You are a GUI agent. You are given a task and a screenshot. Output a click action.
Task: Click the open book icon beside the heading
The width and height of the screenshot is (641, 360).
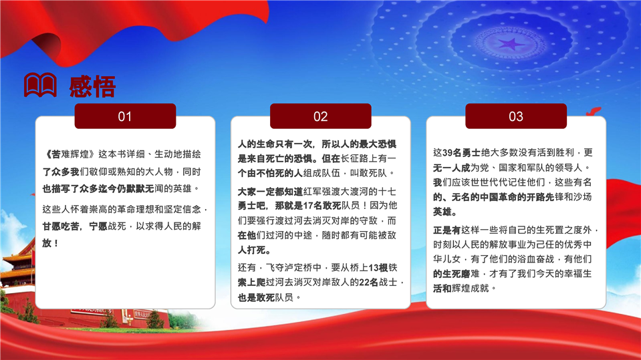click(x=40, y=85)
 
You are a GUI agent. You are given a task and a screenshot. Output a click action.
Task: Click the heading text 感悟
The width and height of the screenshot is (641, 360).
click(x=92, y=87)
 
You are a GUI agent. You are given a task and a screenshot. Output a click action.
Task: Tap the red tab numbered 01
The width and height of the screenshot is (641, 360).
click(x=125, y=116)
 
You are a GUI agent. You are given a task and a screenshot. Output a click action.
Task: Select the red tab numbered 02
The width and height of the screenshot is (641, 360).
click(x=321, y=116)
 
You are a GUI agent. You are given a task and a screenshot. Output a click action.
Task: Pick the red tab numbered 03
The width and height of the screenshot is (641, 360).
click(x=516, y=116)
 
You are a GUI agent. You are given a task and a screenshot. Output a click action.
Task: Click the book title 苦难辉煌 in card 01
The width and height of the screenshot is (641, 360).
click(x=70, y=154)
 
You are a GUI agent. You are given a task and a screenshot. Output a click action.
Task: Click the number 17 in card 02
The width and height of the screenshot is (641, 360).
click(x=308, y=206)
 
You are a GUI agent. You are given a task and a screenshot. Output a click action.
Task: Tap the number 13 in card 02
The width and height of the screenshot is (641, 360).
click(x=374, y=268)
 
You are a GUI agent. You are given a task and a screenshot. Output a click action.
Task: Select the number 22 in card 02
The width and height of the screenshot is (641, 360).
click(x=365, y=283)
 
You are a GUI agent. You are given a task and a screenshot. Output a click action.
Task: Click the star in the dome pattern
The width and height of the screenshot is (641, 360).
click(x=510, y=43)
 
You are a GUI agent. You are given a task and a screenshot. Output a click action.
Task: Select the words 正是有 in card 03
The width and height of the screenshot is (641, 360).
click(x=446, y=230)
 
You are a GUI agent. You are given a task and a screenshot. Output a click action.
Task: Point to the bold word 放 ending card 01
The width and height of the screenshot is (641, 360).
click(x=47, y=243)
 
